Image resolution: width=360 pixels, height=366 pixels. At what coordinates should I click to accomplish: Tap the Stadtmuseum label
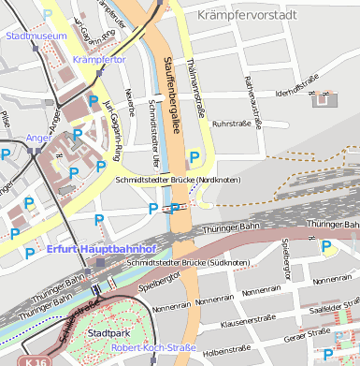coord(36,36)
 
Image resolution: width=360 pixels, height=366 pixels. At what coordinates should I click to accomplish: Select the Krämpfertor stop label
coord(98,60)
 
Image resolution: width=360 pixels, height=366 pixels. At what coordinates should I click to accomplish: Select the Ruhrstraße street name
coord(235,123)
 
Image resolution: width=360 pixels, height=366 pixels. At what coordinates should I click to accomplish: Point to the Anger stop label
coord(39,138)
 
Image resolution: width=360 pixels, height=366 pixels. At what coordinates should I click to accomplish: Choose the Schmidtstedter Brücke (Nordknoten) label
coord(178,180)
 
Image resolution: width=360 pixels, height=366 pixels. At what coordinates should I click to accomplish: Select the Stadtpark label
coord(102,332)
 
